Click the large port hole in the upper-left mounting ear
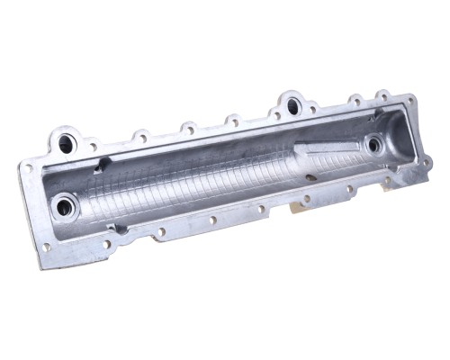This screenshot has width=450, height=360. (x=66, y=142)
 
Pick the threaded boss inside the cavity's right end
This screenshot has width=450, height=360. (x=373, y=144)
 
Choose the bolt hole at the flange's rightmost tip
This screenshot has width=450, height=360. (x=427, y=162)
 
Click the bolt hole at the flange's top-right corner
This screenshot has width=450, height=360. (x=410, y=100)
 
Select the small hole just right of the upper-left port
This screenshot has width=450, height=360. (x=92, y=146)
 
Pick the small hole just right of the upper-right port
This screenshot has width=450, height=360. (x=314, y=110)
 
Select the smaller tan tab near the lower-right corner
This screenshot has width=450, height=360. (x=387, y=183)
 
